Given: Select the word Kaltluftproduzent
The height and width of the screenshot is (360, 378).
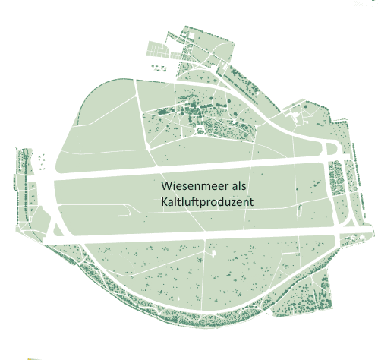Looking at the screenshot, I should [x=206, y=203].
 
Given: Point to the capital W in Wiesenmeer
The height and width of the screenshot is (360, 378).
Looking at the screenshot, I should [x=166, y=187].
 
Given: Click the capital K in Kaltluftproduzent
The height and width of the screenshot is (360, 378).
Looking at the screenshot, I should [x=164, y=203].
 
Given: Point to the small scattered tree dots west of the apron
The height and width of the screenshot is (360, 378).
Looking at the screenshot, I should [x=42, y=161].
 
